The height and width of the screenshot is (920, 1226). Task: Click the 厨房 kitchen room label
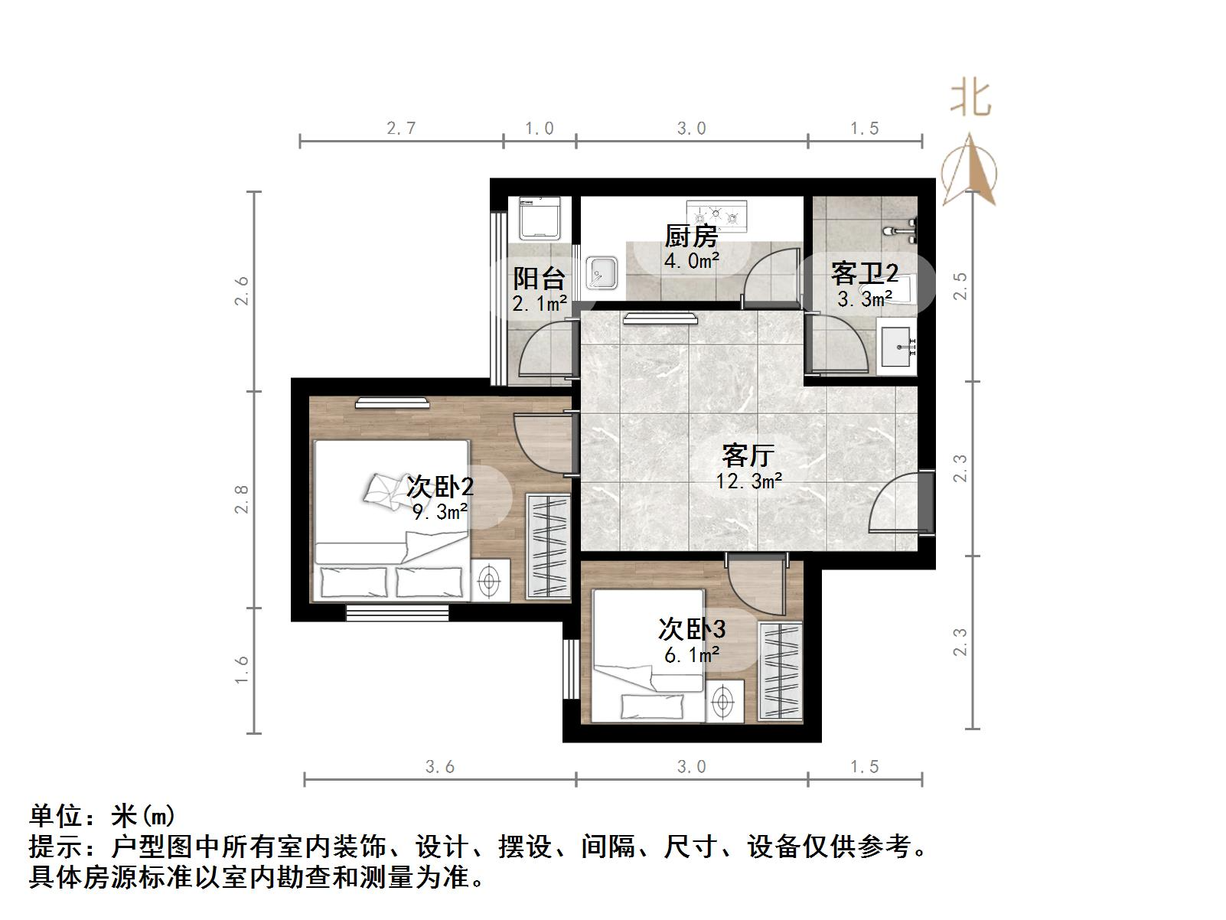690,235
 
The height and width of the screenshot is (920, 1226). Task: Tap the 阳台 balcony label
539,277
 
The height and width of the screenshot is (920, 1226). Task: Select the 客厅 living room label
748,455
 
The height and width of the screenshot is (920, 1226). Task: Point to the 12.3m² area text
748,481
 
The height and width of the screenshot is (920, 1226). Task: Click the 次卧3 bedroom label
691,628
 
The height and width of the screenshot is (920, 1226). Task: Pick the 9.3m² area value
440,511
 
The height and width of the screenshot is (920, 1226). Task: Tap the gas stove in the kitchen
716,215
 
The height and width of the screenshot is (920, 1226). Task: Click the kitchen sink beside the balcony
602,273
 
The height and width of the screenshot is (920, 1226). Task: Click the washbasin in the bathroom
896,348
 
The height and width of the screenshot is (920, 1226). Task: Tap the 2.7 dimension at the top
401,128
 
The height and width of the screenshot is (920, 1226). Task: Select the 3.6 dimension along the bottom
440,766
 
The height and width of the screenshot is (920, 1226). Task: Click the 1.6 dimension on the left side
242,670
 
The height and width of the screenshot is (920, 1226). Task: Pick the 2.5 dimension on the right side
961,286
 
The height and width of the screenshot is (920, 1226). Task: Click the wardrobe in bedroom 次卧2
547,546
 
